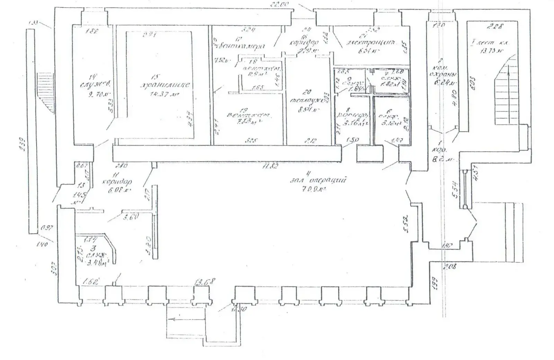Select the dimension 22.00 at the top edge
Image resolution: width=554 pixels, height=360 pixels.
click(280, 4)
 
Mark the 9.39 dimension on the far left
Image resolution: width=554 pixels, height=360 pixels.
click(22, 145)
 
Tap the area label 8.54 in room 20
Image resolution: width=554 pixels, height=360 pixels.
click(305, 111)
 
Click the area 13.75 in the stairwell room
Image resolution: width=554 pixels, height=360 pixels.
click(491, 51)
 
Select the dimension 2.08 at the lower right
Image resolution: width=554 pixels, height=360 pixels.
click(451, 266)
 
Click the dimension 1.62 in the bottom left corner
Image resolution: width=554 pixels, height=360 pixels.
click(89, 282)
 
